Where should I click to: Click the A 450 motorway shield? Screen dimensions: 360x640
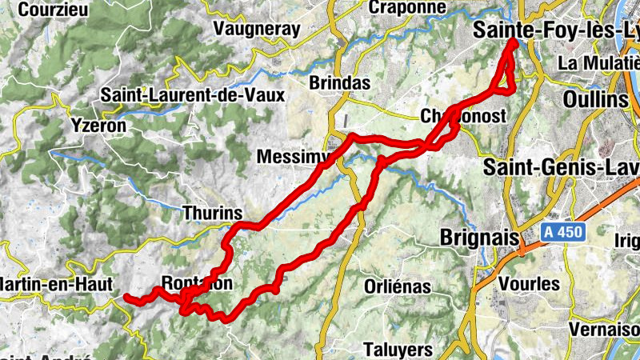(563, 233)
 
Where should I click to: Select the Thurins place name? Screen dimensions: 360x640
(212, 214)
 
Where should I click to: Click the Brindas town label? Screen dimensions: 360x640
(340, 82)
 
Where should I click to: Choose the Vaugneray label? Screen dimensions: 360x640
(257, 29)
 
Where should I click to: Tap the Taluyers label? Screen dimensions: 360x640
(398, 350)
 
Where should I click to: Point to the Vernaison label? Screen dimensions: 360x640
(603, 329)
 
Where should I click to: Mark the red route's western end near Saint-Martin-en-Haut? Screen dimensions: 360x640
(127, 297)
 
